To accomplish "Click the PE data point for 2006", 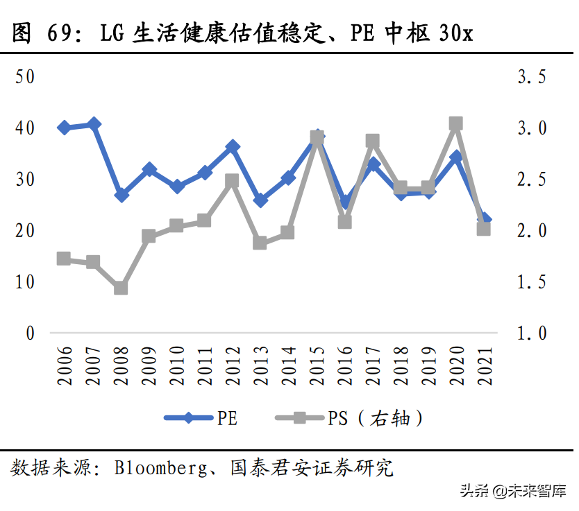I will point(64,128).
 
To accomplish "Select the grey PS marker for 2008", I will point(121,288).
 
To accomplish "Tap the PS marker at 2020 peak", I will point(456,124).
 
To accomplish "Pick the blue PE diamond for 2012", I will point(233,147).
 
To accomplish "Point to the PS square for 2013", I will point(260,243).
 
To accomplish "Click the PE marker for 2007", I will point(94,124).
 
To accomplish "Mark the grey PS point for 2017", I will point(372,141).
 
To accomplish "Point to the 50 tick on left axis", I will point(25,76).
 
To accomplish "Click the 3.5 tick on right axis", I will point(532,76).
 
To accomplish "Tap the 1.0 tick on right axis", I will point(532,333).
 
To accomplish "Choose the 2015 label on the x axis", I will point(317,366).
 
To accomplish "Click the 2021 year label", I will point(484,366).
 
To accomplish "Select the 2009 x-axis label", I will point(149,366).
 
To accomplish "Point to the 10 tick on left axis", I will point(25,282).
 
